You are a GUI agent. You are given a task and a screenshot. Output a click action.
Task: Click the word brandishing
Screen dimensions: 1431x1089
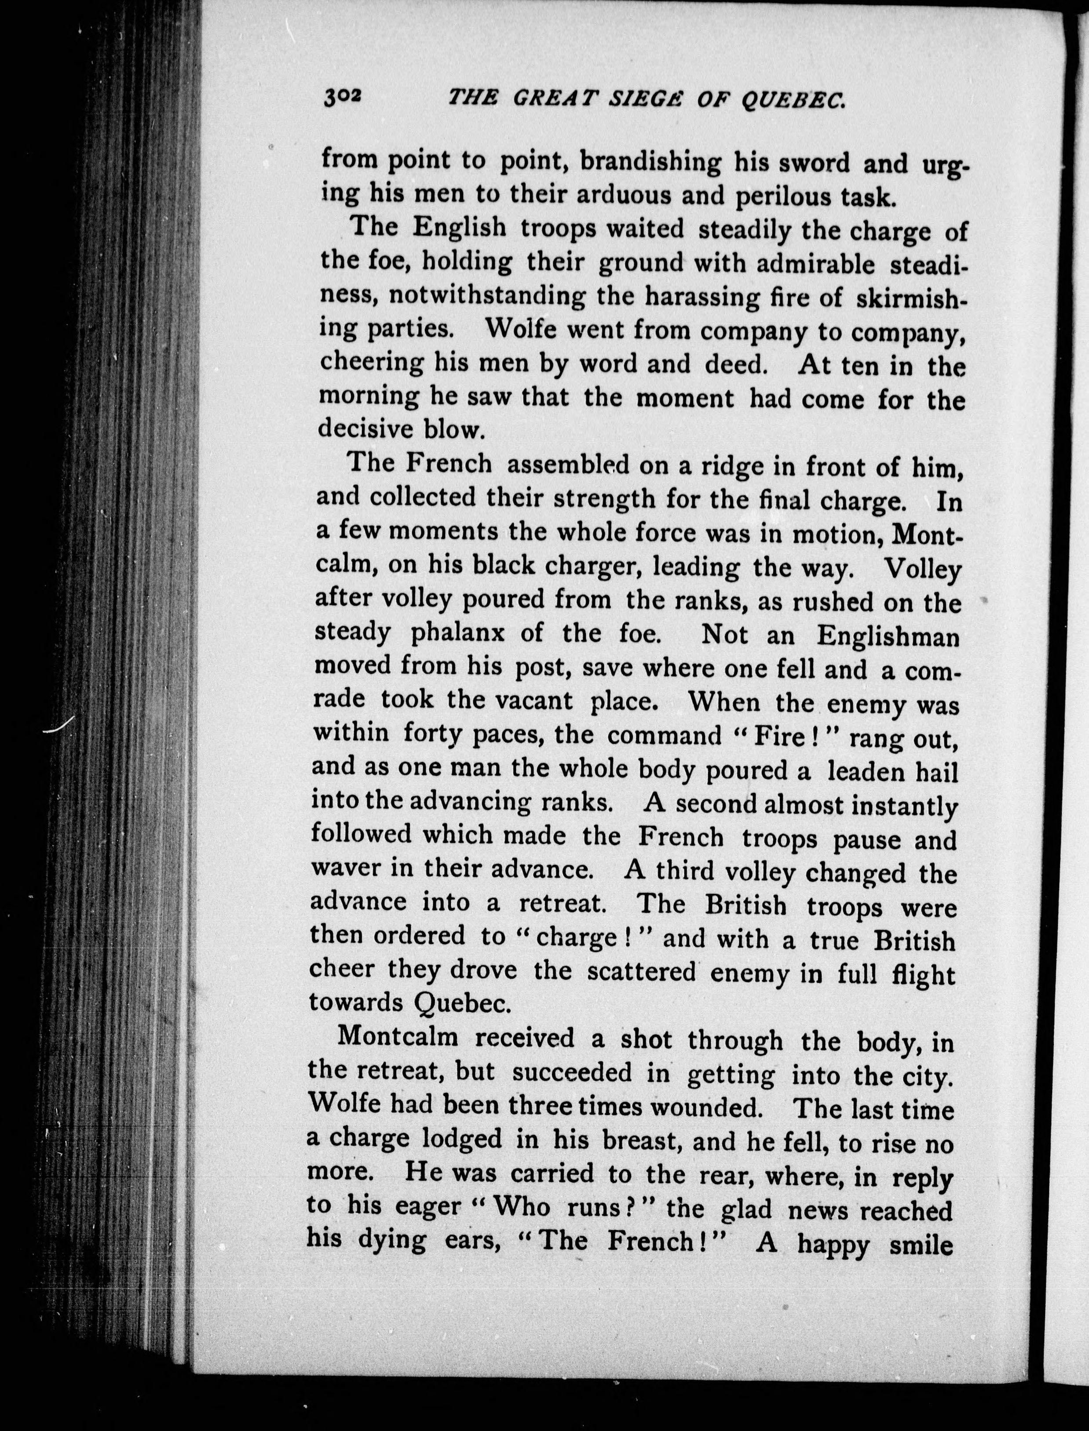point(650,162)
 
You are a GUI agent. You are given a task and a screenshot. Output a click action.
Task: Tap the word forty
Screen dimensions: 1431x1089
point(431,734)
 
